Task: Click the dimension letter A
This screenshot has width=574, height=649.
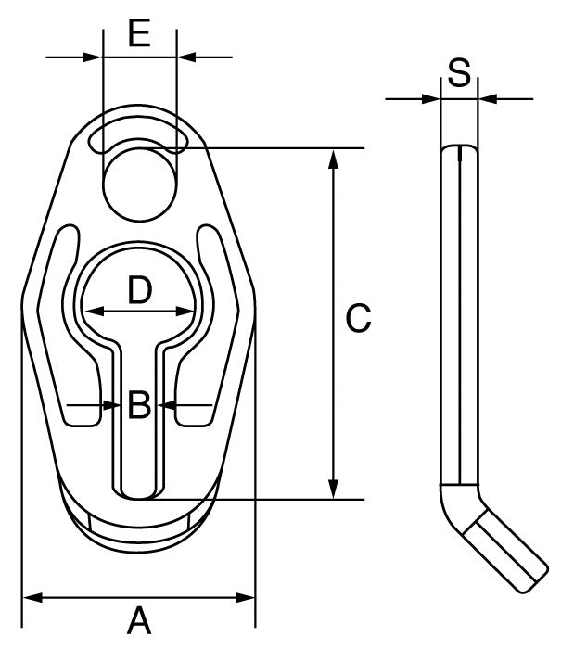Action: (x=139, y=620)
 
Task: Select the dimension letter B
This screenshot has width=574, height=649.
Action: (x=139, y=405)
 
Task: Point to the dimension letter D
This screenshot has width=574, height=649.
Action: (x=139, y=291)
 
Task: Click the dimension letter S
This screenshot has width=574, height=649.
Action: (x=459, y=71)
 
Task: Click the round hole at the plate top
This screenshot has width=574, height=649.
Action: (x=139, y=181)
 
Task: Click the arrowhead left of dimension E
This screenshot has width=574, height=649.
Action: (x=93, y=57)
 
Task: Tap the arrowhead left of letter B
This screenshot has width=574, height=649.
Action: (x=108, y=405)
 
